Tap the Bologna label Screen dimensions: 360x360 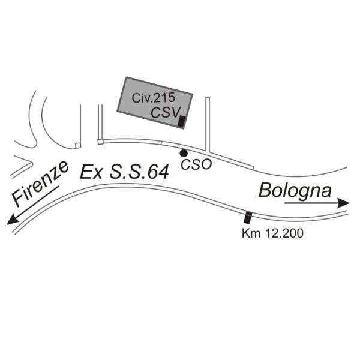295,191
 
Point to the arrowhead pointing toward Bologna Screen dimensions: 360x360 344,203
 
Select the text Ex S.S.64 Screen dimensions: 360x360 124,173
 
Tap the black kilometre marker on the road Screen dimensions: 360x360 247,217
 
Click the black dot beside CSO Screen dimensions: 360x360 184,154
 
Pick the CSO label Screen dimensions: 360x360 196,164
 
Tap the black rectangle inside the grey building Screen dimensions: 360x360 182,121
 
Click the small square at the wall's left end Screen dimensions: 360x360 77,145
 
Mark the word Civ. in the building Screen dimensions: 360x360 140,98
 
